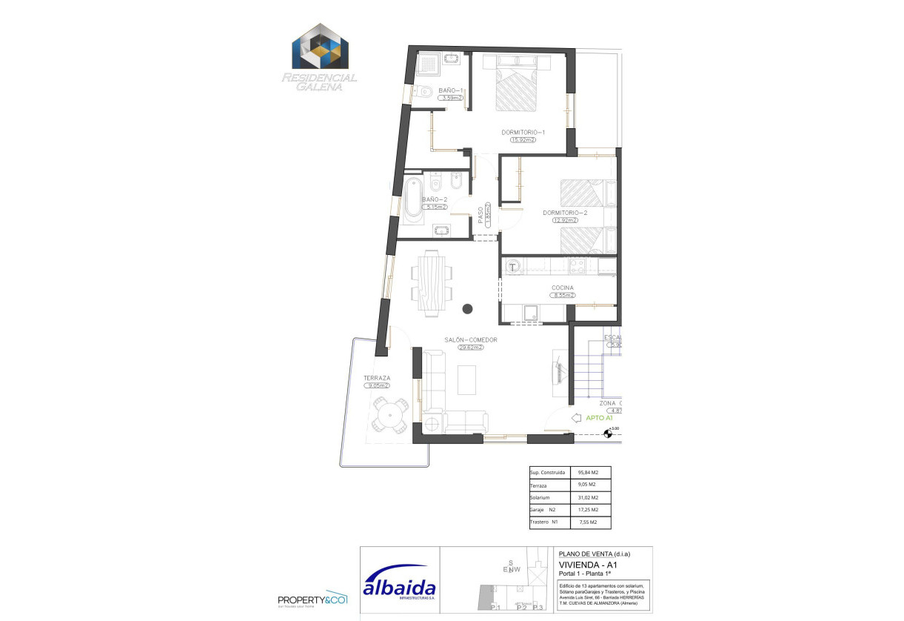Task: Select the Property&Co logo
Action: [312, 600]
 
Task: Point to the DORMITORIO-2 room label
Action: [565, 213]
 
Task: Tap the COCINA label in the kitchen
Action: [562, 288]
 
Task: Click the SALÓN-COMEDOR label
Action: [470, 339]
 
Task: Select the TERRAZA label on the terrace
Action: [376, 378]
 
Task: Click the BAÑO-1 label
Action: [450, 90]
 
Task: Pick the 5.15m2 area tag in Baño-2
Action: [436, 207]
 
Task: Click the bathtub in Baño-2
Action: [412, 199]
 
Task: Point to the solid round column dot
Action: [467, 309]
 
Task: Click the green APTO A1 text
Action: [599, 418]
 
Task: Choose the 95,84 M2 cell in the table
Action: [588, 472]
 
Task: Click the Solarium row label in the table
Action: [541, 497]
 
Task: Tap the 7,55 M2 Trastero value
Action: [588, 522]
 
